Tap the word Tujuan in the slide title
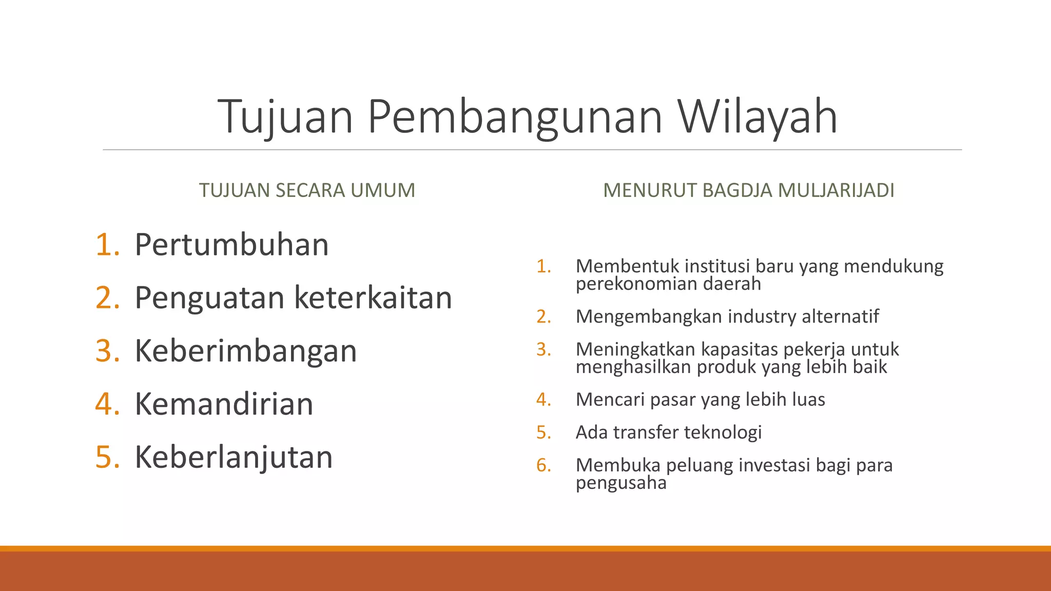coord(285,116)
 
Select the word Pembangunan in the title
coord(515,116)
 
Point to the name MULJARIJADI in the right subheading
coord(836,190)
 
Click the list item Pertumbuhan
coord(231,244)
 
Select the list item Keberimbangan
coord(245,351)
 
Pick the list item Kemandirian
coord(224,404)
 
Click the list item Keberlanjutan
coord(233,457)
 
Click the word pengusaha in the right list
coord(621,483)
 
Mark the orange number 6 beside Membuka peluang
coord(543,465)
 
